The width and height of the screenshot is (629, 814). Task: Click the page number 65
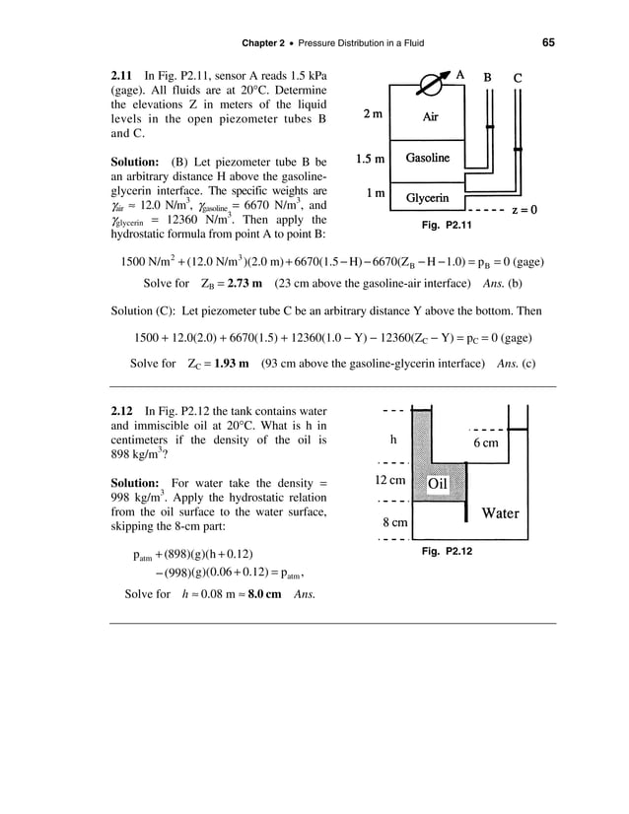coord(548,41)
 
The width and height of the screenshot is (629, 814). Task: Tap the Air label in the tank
coord(431,115)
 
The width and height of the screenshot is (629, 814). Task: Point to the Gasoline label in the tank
coord(428,159)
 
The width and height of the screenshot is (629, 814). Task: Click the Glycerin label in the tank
coord(429,197)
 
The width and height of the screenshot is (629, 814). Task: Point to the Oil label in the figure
coord(438,485)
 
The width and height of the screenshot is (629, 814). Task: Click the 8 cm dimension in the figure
coord(392,522)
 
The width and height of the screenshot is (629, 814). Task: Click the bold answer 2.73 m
coord(240,284)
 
